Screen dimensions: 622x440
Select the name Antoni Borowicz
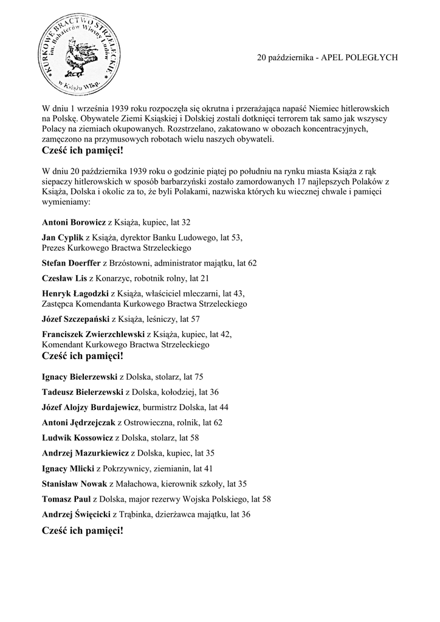pyautogui.click(x=74, y=222)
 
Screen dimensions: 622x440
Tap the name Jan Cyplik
pyautogui.click(x=63, y=238)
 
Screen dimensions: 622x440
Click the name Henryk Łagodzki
pyautogui.click(x=75, y=293)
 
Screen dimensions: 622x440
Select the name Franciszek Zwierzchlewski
pyautogui.click(x=94, y=334)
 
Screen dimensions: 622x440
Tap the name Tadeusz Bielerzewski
pyautogui.click(x=83, y=392)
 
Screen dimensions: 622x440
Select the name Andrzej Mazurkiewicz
pyautogui.click(x=86, y=453)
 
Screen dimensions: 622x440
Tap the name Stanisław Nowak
pyautogui.click(x=74, y=484)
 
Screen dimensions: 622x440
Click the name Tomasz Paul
pyautogui.click(x=66, y=499)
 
